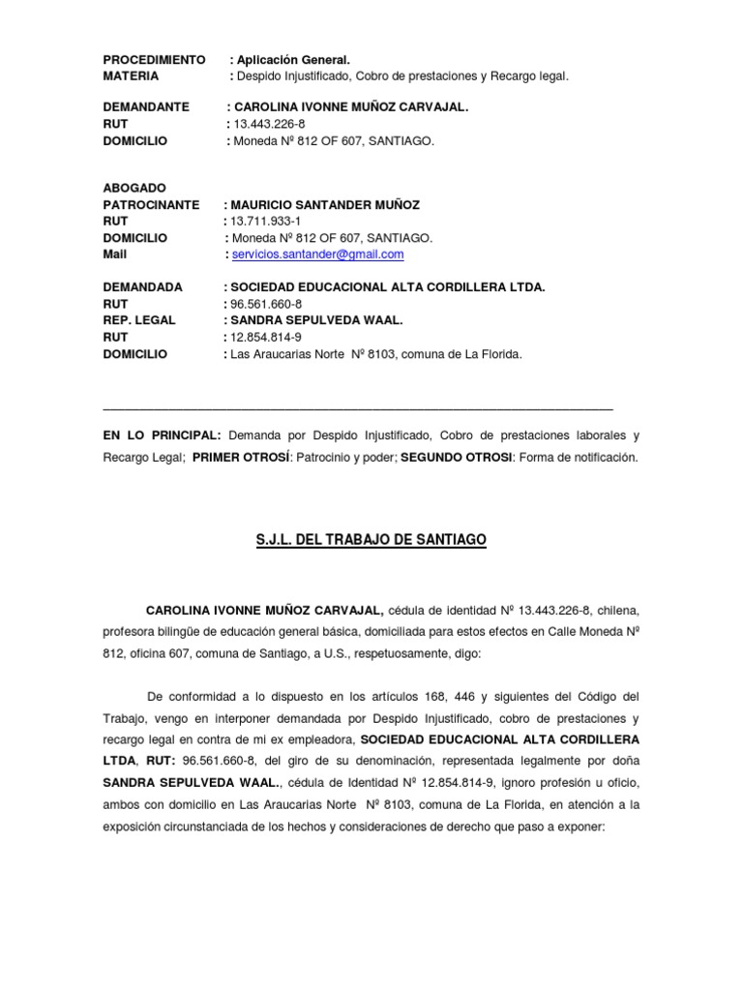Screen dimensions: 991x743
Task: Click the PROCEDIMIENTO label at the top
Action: tap(154, 60)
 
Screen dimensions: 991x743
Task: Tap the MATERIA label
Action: tap(131, 75)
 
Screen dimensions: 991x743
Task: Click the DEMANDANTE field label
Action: tap(146, 107)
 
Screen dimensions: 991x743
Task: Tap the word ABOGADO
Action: tap(134, 188)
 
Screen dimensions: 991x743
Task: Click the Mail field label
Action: tap(115, 255)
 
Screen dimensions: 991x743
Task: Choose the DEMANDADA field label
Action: tap(142, 287)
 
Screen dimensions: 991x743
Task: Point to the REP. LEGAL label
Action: tap(139, 320)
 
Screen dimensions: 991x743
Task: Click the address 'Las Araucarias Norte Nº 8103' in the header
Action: tap(310, 354)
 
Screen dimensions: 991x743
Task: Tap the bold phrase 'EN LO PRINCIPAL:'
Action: tap(163, 436)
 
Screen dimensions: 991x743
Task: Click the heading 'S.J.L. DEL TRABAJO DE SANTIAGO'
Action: tap(371, 538)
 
